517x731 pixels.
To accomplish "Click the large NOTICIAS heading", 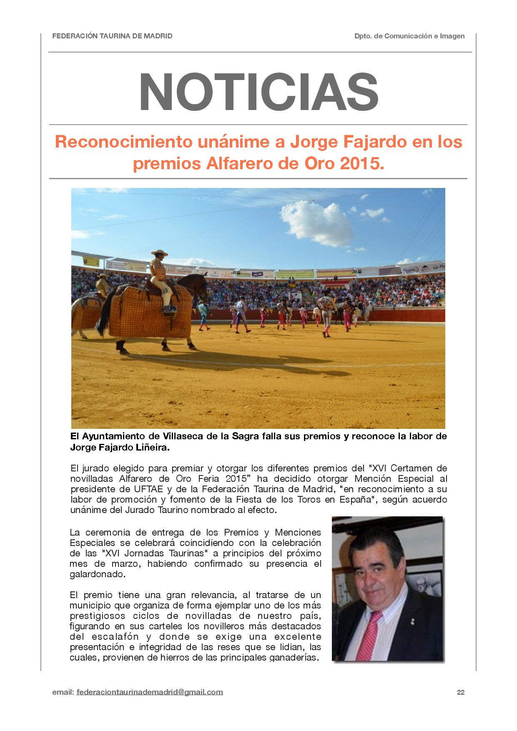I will click(258, 93).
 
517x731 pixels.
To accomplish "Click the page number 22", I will click(460, 692).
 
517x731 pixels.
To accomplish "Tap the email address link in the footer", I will click(150, 692).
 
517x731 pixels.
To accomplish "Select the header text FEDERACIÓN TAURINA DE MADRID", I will click(112, 36).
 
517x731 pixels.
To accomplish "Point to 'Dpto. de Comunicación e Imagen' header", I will click(409, 36).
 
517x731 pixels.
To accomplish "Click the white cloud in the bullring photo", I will click(316, 218).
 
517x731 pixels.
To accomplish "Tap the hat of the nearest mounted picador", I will click(159, 253).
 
